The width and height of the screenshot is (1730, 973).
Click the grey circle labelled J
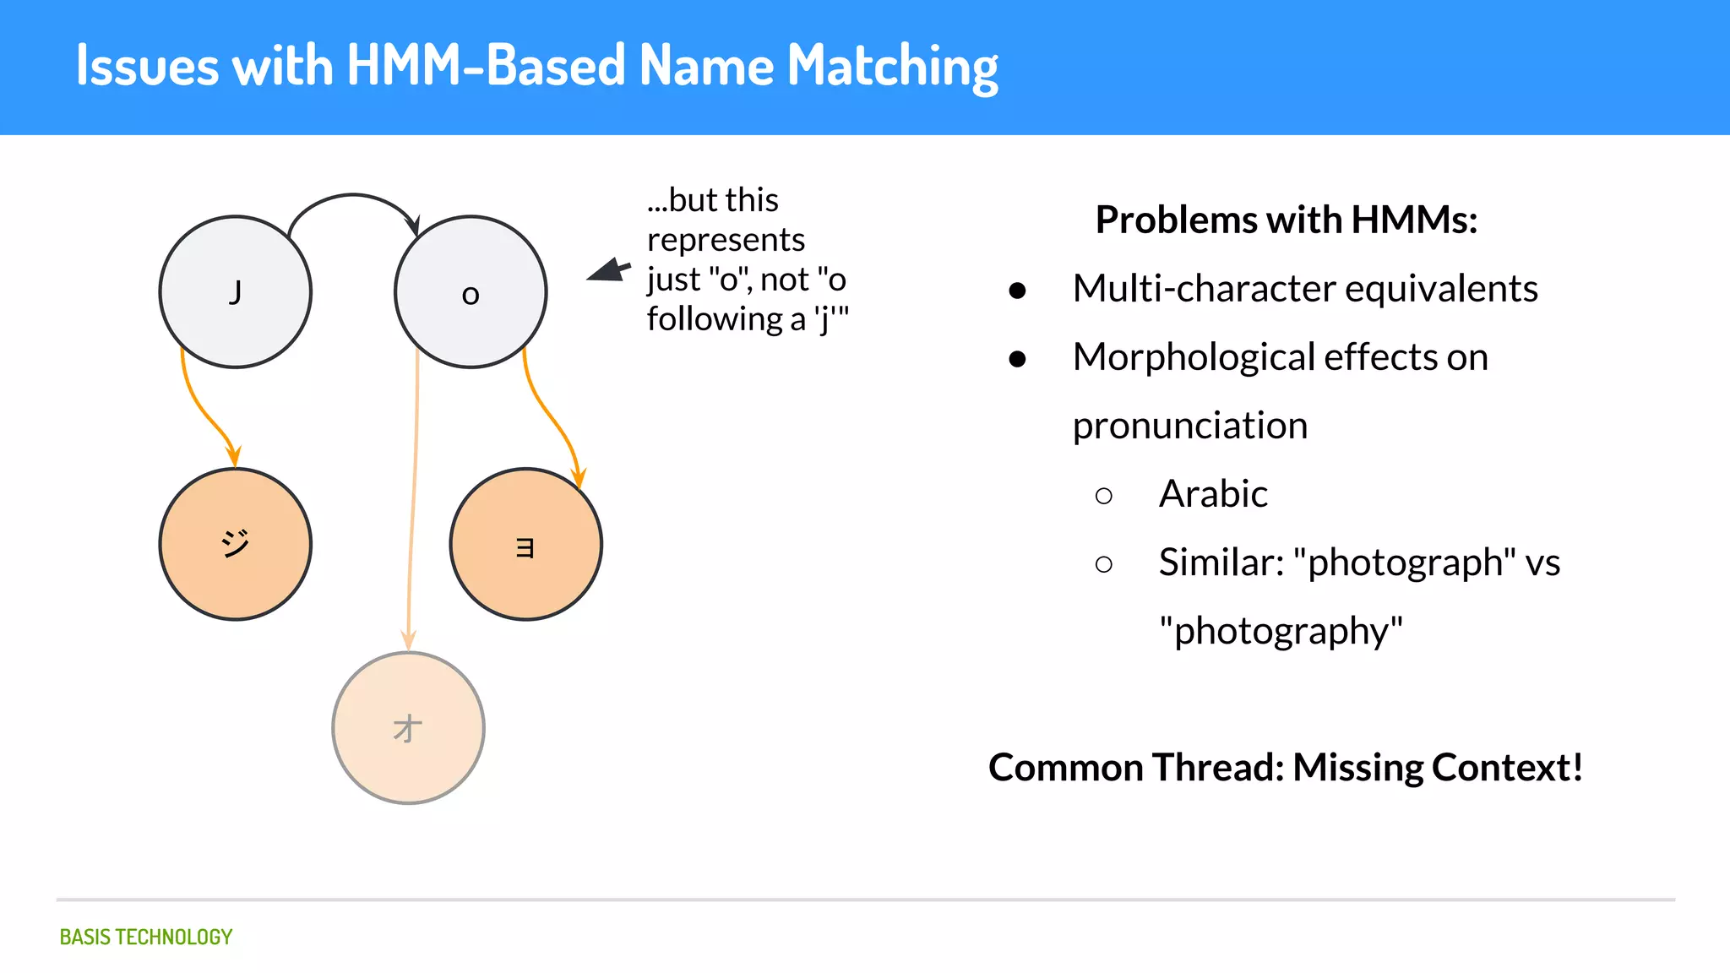pyautogui.click(x=236, y=292)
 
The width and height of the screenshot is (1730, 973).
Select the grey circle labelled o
pyautogui.click(x=471, y=292)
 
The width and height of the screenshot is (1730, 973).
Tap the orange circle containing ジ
pyautogui.click(x=236, y=544)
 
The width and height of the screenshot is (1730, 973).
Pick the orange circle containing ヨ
pyautogui.click(x=525, y=544)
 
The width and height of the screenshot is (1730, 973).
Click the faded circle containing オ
pyautogui.click(x=408, y=727)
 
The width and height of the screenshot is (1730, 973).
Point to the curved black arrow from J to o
pyautogui.click(x=353, y=197)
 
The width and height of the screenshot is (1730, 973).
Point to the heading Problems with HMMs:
pyautogui.click(x=1286, y=220)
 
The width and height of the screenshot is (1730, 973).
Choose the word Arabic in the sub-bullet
pyautogui.click(x=1213, y=494)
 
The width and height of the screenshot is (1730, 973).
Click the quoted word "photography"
pyautogui.click(x=1281, y=631)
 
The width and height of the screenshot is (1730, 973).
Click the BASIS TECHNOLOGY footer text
pyautogui.click(x=146, y=937)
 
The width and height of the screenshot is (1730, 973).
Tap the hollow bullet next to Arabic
pyautogui.click(x=1103, y=496)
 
